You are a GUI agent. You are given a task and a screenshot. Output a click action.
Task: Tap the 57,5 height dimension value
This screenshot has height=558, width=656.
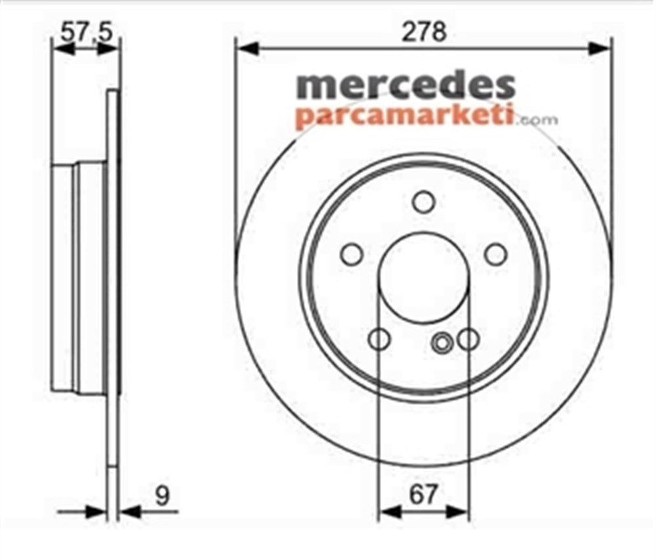click(86, 32)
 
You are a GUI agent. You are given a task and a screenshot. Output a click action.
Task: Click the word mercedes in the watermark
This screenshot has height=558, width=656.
click(405, 86)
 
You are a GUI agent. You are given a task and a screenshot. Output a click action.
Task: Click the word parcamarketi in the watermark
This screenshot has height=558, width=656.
click(403, 116)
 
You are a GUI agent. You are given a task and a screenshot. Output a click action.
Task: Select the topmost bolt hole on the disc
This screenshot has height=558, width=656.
click(424, 201)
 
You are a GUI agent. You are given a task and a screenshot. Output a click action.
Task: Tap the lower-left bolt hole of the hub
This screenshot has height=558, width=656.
click(380, 339)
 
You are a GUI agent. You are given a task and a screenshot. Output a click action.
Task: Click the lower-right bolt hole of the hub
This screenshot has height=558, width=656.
click(468, 339)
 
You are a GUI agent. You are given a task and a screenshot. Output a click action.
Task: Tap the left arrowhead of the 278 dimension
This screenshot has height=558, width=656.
click(246, 48)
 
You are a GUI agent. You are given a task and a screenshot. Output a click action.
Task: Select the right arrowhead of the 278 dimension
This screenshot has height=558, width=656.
click(601, 48)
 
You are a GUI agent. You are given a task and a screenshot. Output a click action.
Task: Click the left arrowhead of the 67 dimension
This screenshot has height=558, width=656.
click(389, 511)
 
